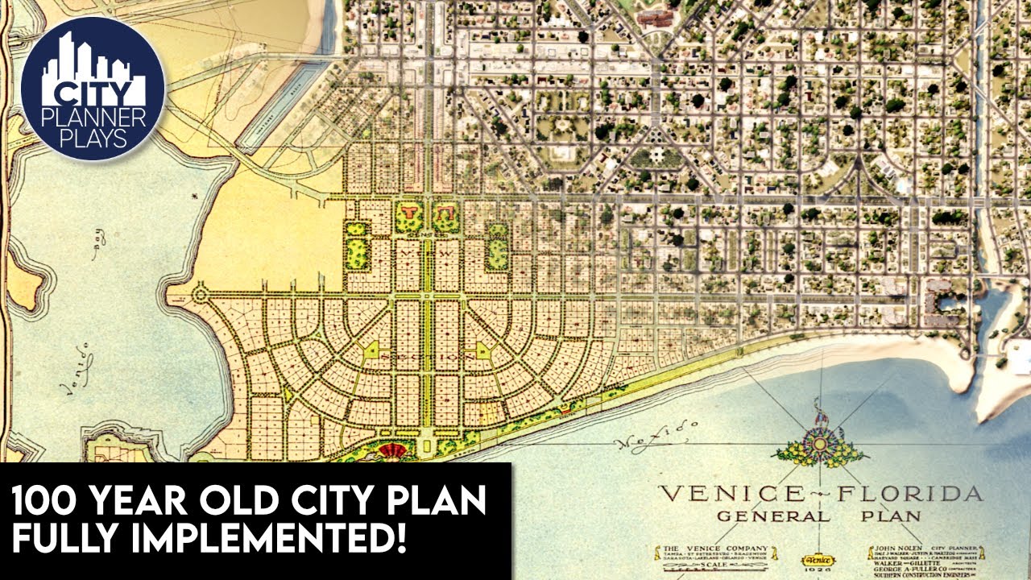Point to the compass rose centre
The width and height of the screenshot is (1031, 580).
pyautogui.click(x=820, y=443)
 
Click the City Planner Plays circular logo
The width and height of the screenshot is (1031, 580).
pyautogui.click(x=93, y=89)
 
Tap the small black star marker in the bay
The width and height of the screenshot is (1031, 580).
pyautogui.click(x=193, y=195)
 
